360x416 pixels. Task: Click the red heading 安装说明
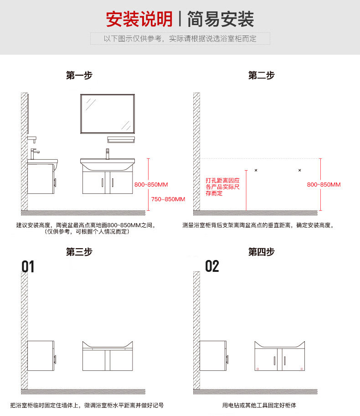pyautogui.click(x=139, y=19)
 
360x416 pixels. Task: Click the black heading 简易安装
pyautogui.click(x=221, y=19)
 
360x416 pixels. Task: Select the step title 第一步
pyautogui.click(x=79, y=75)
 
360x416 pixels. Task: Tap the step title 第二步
pyautogui.click(x=261, y=75)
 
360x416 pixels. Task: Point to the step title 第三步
pyautogui.click(x=79, y=252)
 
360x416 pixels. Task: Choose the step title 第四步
pyautogui.click(x=261, y=252)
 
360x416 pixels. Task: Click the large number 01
pyautogui.click(x=28, y=266)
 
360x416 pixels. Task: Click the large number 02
pyautogui.click(x=212, y=266)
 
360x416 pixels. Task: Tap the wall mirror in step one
pyautogui.click(x=108, y=114)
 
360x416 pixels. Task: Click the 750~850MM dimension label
pyautogui.click(x=168, y=199)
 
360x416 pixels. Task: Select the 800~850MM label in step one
pyautogui.click(x=151, y=185)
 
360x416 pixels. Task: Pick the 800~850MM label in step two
pyautogui.click(x=324, y=185)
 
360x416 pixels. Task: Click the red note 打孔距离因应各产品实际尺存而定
pyautogui.click(x=222, y=187)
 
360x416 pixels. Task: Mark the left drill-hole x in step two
pyautogui.click(x=256, y=170)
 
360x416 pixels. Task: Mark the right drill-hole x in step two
pyautogui.click(x=299, y=170)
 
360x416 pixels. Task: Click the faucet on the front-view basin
pyautogui.click(x=108, y=153)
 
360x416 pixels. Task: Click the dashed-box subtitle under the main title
pyautogui.click(x=180, y=39)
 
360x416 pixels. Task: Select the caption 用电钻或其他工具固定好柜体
pyautogui.click(x=260, y=406)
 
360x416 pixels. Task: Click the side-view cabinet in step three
pyautogui.click(x=41, y=355)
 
